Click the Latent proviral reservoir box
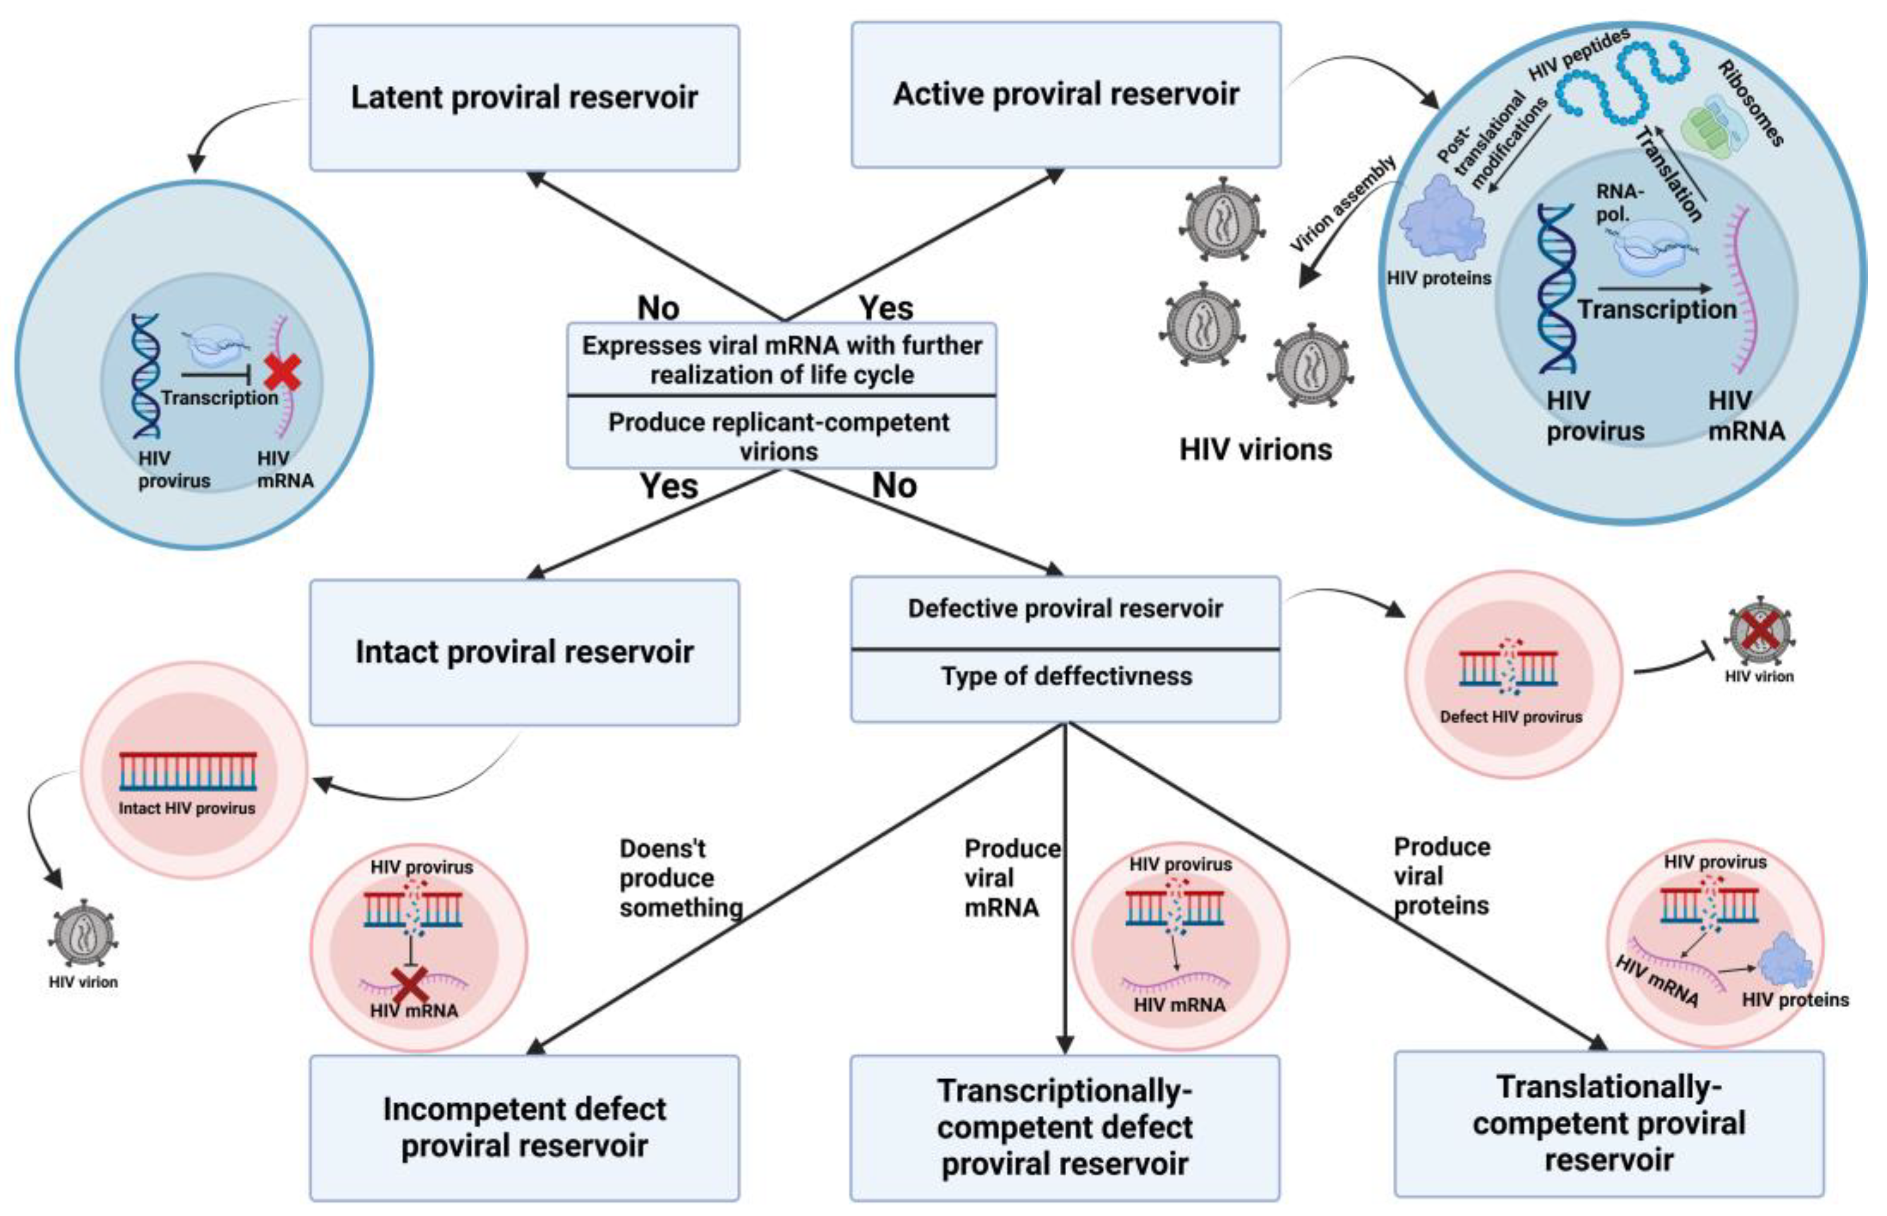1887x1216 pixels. [x=524, y=98]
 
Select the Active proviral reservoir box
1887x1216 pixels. [x=1066, y=95]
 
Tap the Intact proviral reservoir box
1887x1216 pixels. [x=524, y=652]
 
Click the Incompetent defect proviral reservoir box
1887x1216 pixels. [x=524, y=1127]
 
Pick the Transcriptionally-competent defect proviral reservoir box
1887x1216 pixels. [x=1064, y=1127]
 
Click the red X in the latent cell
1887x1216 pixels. [x=282, y=372]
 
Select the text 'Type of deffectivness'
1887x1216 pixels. [x=1066, y=677]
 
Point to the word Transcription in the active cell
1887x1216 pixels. [x=1656, y=310]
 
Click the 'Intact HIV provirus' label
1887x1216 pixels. [x=187, y=809]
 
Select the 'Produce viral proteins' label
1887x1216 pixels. [x=1441, y=877]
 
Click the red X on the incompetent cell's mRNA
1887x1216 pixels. [x=410, y=985]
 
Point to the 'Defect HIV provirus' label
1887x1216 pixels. [x=1511, y=717]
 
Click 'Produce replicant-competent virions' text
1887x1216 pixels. [x=780, y=436]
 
